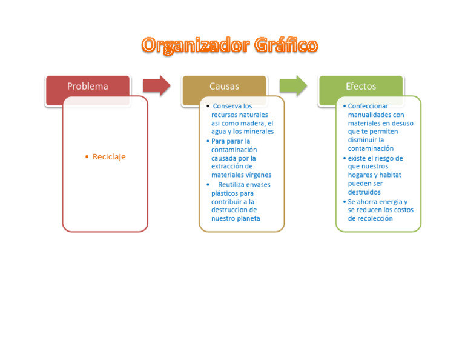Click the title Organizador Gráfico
point(229,45)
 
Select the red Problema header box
point(87,87)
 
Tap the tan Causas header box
point(224,87)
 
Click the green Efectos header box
point(360,87)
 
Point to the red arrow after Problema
point(156,86)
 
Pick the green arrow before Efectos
point(293,86)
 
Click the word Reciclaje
point(109,157)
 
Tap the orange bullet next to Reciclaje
point(87,157)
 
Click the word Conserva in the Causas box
point(227,106)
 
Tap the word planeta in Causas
point(248,218)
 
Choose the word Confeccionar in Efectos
point(368,106)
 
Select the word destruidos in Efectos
point(364,192)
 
